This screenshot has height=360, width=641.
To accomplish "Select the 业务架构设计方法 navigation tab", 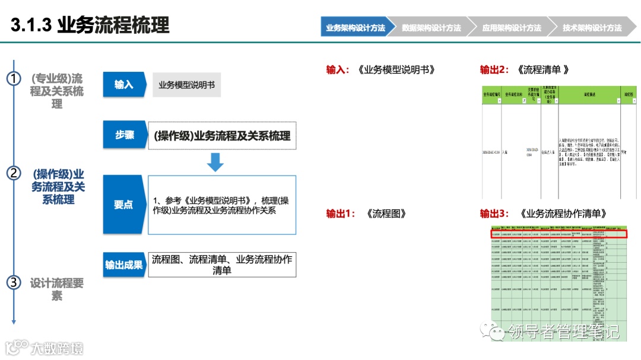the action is [x=355, y=28].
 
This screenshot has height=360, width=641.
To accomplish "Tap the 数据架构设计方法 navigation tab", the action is [x=431, y=28].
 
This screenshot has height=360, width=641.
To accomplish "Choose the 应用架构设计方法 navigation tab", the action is [x=511, y=28].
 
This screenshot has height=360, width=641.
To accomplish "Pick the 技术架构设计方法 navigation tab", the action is [x=592, y=28].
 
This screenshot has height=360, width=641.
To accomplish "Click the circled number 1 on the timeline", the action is [x=14, y=79].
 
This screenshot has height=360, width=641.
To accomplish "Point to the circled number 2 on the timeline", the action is [x=14, y=174].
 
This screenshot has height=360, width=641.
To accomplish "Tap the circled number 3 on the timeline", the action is [x=14, y=283].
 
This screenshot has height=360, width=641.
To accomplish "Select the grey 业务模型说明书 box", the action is [x=186, y=85].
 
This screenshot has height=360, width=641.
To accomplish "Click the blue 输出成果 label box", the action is [x=124, y=265].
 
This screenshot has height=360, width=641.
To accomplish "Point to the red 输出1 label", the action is [x=340, y=214].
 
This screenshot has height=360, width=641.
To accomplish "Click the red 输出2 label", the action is [x=494, y=70].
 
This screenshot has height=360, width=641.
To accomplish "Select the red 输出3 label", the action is [x=494, y=214].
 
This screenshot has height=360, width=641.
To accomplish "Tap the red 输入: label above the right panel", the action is [x=338, y=70].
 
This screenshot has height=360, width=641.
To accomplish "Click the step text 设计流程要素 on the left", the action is [x=57, y=289].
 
